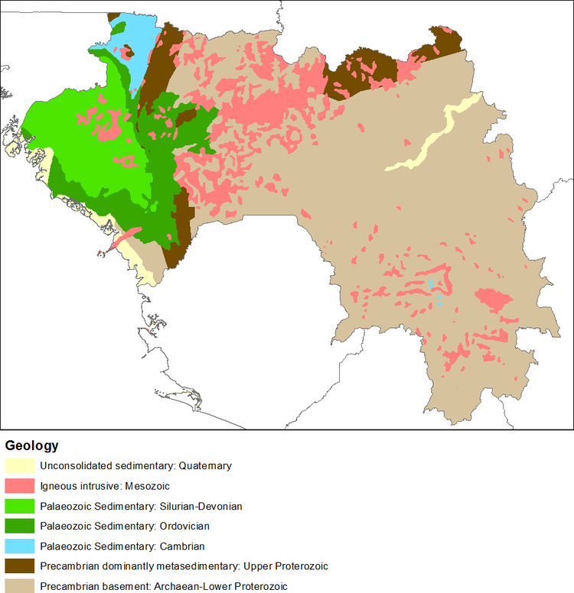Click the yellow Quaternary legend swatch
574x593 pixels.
pos(19,465)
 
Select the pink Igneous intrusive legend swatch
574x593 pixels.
pos(19,486)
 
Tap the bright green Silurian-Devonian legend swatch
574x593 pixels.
pos(19,506)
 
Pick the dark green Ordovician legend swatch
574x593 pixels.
pos(19,526)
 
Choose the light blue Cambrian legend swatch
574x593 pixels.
pos(19,546)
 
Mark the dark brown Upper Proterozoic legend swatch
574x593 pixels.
pos(19,565)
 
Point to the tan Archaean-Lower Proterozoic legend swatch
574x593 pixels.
pos(19,585)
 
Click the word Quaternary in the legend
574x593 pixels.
pos(204,465)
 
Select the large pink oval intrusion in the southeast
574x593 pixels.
pos(494,298)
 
